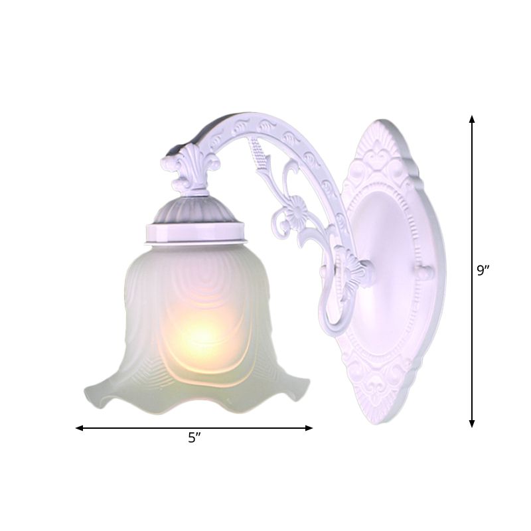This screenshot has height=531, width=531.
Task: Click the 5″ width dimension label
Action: (x=194, y=439)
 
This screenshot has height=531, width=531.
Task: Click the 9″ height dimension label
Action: (x=484, y=271)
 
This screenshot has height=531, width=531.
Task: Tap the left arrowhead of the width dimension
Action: (x=79, y=428)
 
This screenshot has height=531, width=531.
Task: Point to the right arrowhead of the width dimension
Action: (x=309, y=428)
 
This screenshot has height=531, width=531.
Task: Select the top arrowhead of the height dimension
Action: (x=472, y=119)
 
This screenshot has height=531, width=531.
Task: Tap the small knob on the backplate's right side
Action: (x=425, y=272)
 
